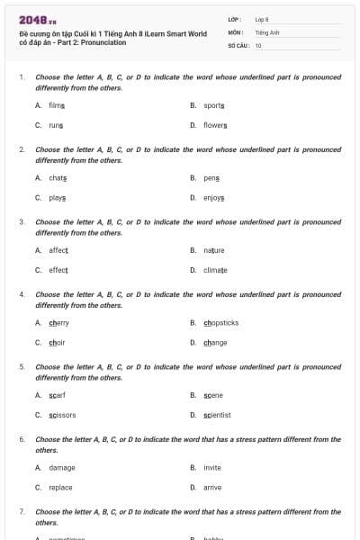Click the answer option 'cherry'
(58, 323)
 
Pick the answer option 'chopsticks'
(220, 323)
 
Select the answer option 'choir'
(57, 343)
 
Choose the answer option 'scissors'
(62, 415)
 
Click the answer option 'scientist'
(217, 415)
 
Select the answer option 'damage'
(62, 468)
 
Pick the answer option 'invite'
(212, 468)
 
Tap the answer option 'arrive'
(212, 488)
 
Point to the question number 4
(22, 294)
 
